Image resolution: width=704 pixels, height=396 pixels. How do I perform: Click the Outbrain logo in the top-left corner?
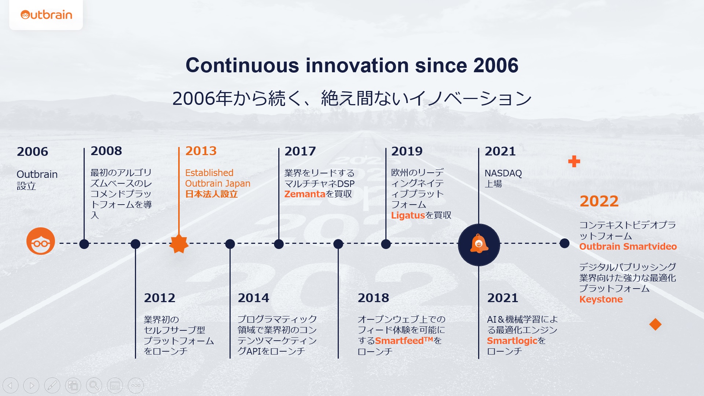coord(46,15)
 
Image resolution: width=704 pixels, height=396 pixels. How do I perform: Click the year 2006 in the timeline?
coord(32,151)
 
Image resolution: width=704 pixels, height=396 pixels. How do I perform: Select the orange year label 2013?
coord(201,151)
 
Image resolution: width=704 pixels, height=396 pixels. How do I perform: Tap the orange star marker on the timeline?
coord(179,243)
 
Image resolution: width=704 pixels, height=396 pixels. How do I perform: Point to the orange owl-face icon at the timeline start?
coord(41,241)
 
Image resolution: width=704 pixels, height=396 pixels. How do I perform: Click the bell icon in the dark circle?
coord(479,243)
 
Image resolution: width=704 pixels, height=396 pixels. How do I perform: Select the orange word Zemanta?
coord(305,194)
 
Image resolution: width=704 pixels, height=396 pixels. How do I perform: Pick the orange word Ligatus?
coord(408,215)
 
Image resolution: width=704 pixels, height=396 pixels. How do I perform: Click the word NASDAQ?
coord(503,173)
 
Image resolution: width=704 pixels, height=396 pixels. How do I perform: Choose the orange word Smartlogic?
coord(512,341)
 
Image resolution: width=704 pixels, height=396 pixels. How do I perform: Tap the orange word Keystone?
coord(601,299)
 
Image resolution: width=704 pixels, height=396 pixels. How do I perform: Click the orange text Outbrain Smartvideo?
coord(628,246)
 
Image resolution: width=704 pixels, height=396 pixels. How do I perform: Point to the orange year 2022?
coord(599,201)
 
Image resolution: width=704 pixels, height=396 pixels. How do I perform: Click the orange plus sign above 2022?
coord(574,161)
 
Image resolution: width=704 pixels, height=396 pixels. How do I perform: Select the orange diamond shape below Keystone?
coord(655,324)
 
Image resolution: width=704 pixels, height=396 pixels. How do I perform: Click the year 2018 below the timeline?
coord(373,298)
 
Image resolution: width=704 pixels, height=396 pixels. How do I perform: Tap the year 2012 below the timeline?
coord(159,298)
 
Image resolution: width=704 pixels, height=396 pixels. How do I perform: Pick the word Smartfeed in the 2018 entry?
coord(399,341)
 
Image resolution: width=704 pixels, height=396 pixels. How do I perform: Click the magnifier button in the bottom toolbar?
coord(94,385)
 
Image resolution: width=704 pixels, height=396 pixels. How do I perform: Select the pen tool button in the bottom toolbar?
coord(52,385)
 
